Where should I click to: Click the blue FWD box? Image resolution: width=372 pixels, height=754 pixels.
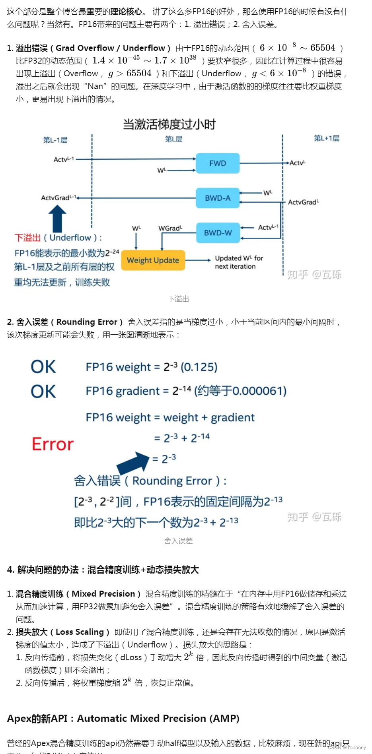point(218,163)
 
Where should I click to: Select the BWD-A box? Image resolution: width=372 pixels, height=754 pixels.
point(218,198)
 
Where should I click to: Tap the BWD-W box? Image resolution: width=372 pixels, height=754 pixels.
point(218,233)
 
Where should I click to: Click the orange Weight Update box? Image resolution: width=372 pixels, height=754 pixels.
point(153,260)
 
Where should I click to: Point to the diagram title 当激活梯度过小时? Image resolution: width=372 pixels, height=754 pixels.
point(169,124)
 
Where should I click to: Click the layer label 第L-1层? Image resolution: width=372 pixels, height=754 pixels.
point(55,140)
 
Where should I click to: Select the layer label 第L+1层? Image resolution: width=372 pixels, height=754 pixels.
point(326,138)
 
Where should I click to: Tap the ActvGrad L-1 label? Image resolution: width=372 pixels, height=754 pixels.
point(58,198)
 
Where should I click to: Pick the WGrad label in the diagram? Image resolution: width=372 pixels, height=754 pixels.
point(170,228)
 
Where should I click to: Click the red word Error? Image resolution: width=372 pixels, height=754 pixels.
point(53,444)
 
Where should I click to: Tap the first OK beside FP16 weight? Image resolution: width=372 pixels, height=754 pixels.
point(43,367)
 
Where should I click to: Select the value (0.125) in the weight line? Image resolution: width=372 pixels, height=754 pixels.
point(199,367)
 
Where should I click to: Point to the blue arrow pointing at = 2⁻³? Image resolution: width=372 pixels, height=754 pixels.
point(133,463)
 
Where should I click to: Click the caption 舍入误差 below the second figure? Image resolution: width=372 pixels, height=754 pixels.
point(178,541)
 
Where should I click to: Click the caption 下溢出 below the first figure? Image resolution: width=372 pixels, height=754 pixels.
point(178,299)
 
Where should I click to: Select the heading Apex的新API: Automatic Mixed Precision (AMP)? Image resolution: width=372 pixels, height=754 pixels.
point(123,719)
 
